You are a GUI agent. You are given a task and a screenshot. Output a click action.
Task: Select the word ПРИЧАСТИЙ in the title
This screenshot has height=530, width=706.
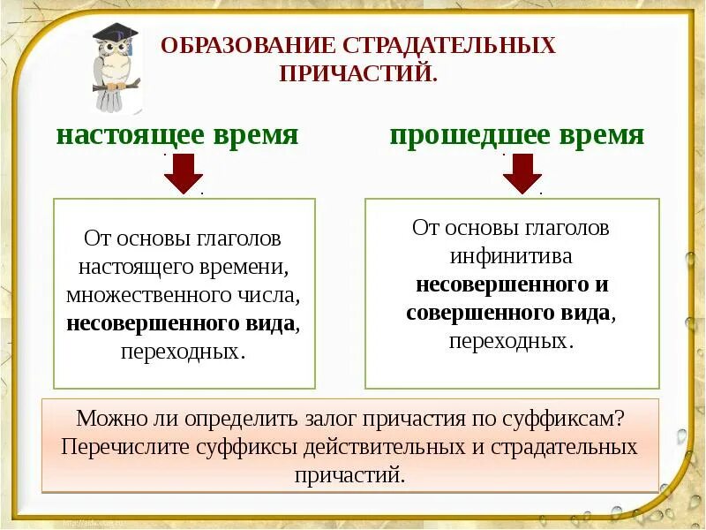[x=357, y=72]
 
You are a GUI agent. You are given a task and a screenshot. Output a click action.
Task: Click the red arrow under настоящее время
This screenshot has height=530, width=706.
[x=184, y=173]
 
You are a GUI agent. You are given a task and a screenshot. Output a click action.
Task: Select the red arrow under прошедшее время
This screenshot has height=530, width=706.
[x=522, y=173]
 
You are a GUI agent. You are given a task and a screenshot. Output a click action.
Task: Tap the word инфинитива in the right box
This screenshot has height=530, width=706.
[x=511, y=256]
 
